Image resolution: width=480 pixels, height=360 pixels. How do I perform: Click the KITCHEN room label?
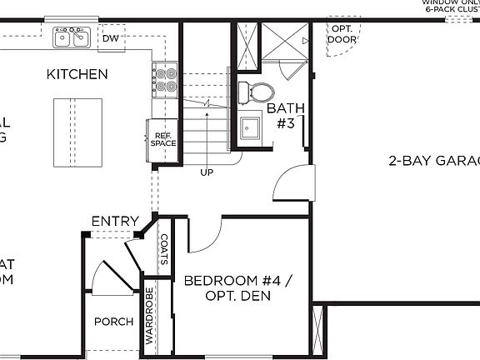77,74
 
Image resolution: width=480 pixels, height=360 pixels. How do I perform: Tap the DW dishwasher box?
110,38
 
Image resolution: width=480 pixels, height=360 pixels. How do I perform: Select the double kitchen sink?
72,37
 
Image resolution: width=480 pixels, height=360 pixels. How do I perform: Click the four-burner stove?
165,78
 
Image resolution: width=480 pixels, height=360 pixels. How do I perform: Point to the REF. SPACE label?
162,138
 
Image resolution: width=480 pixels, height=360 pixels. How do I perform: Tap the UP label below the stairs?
206,172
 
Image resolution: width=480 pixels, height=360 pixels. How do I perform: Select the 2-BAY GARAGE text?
433,161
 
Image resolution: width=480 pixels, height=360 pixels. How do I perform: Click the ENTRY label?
115,220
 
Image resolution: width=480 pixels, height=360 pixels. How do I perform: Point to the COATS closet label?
164,248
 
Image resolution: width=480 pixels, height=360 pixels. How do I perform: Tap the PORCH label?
112,321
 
